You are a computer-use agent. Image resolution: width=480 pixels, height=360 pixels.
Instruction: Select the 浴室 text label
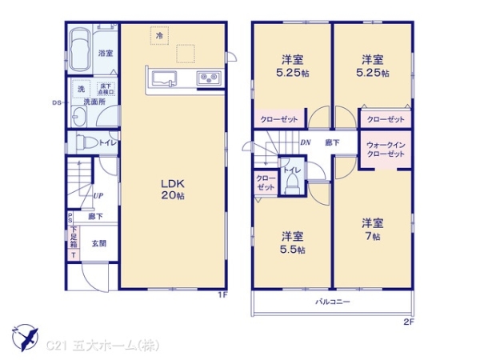click(105, 53)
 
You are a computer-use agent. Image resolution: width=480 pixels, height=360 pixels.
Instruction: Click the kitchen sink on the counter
click(163, 78)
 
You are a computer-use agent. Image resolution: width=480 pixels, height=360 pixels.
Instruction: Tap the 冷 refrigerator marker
click(159, 36)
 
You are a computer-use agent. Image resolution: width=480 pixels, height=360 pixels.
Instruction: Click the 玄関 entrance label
click(98, 243)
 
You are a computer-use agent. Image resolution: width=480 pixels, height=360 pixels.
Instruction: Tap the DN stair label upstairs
click(305, 142)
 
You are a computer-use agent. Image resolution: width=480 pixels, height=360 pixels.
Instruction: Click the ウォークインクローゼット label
click(386, 149)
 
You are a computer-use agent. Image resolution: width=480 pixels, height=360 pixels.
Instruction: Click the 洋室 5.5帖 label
click(292, 242)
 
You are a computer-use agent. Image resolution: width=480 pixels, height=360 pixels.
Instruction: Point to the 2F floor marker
click(408, 322)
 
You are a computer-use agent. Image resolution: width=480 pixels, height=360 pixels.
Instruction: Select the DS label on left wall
click(57, 102)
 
